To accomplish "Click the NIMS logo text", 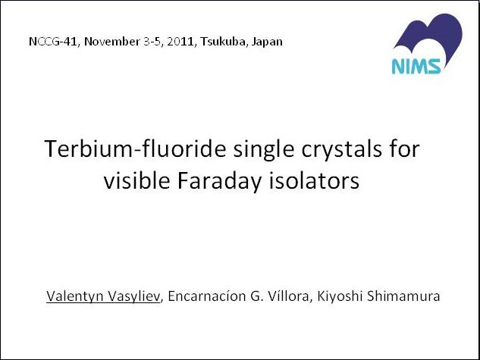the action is point(416,66).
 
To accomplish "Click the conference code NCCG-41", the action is point(52,42).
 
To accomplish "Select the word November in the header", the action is point(112,42).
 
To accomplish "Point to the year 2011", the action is point(181,42).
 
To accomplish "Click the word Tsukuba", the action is point(223,42).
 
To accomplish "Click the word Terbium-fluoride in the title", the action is point(135,149).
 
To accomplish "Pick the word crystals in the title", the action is point(342,150).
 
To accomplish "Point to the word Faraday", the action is point(219,181).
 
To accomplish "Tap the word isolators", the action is point(314,180).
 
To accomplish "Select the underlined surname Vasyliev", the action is point(134,296).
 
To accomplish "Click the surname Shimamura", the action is point(403,296).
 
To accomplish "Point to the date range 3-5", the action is point(152,42).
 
